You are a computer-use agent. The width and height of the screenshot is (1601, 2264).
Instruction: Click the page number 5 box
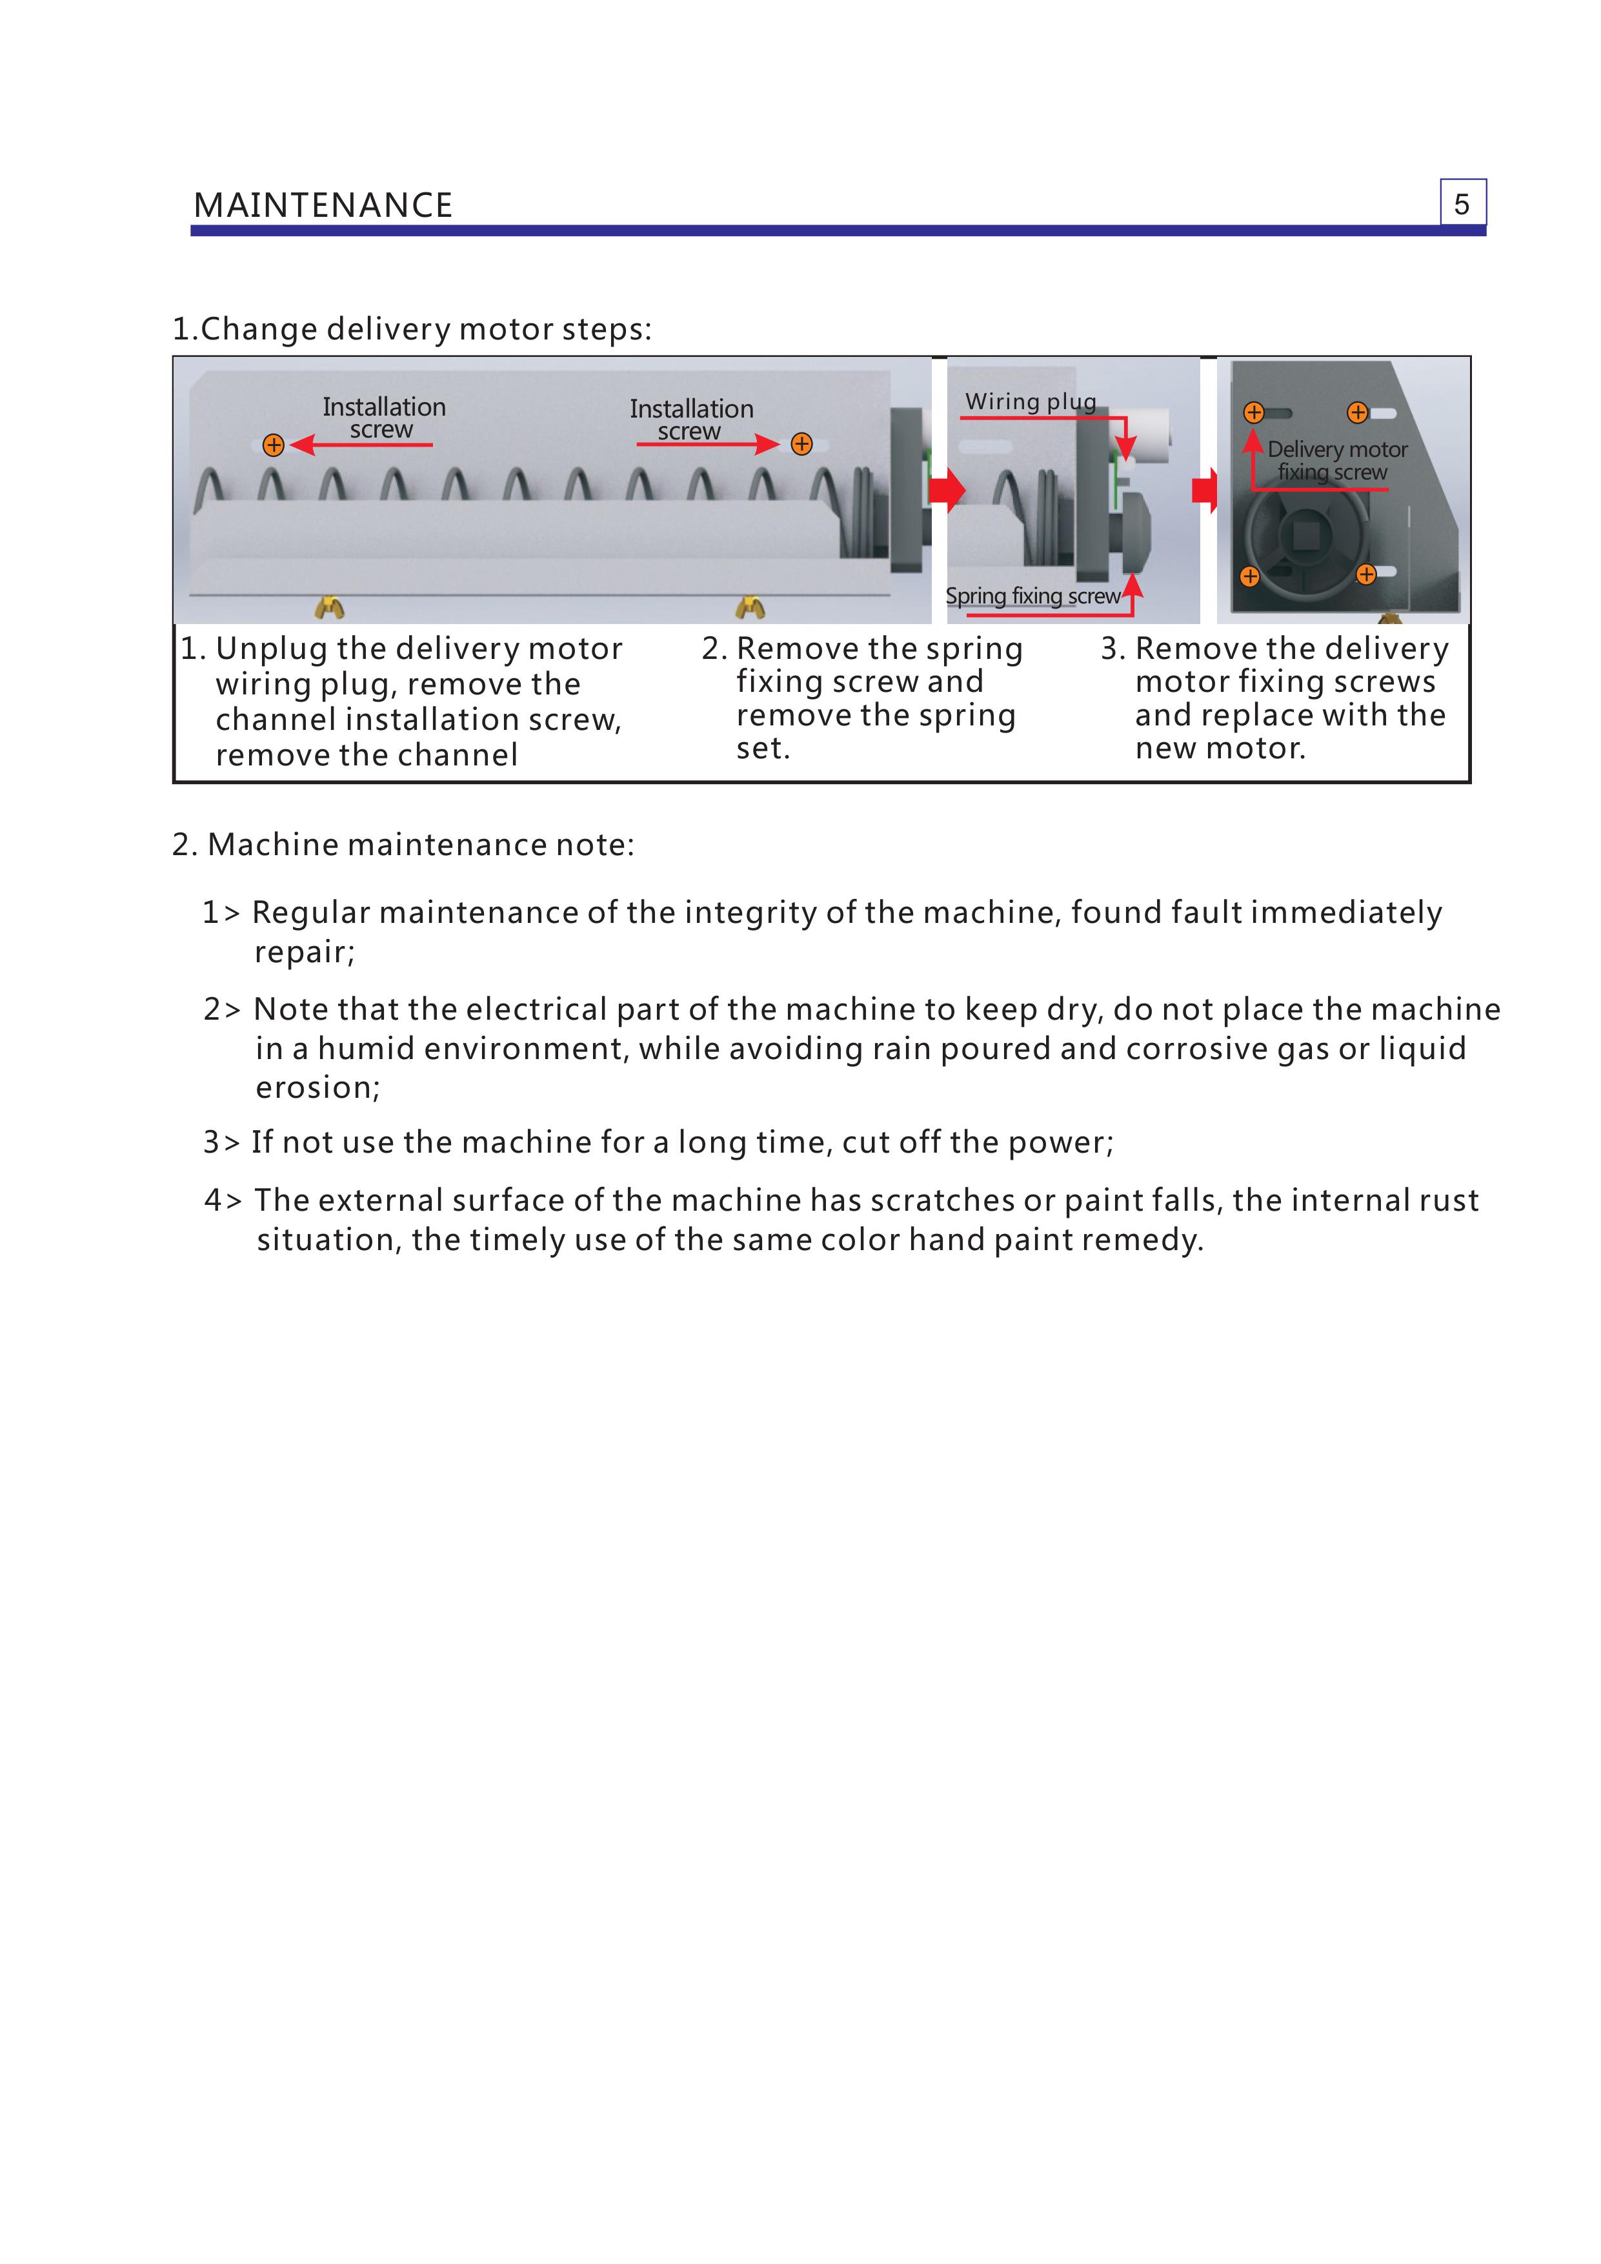pos(1462,203)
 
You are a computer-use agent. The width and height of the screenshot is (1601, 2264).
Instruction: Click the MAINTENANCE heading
pos(323,205)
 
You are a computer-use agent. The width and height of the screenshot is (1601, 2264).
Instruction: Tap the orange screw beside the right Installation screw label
pos(801,444)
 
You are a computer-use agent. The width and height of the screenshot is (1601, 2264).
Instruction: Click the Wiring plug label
pos(1030,401)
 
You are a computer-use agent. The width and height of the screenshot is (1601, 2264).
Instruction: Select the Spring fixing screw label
pos(1032,596)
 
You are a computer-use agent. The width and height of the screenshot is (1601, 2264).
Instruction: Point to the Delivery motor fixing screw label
pos(1336,461)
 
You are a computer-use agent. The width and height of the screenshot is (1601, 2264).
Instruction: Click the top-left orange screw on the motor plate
pos(1253,412)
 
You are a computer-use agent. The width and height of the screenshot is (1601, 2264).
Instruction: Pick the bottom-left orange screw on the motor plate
pos(1249,576)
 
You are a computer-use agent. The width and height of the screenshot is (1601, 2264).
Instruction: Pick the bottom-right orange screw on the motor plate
pos(1365,574)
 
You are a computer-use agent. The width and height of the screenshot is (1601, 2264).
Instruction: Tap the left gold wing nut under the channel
pos(329,607)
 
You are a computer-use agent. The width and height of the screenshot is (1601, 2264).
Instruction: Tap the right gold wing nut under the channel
pos(750,607)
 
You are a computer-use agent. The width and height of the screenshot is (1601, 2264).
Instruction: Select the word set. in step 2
pos(763,749)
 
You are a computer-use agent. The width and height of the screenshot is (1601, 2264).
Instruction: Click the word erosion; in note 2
pos(317,1087)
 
